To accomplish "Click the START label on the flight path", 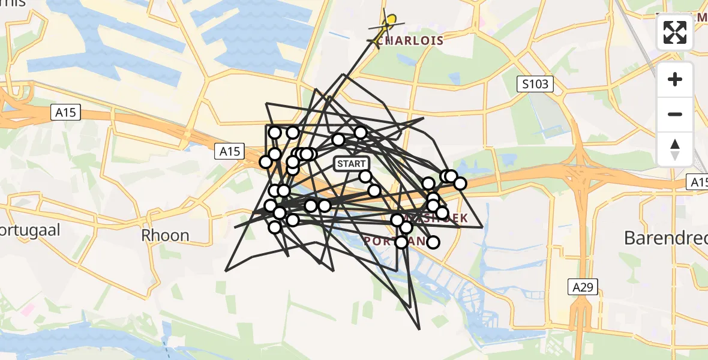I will (350, 164).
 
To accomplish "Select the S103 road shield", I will (535, 84).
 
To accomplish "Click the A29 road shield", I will (582, 287).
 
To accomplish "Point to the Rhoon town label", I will (166, 235).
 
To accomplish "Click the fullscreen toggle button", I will (675, 32).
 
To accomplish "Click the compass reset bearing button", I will (675, 149).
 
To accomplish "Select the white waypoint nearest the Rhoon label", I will (275, 227).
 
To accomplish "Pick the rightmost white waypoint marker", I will (460, 183).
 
